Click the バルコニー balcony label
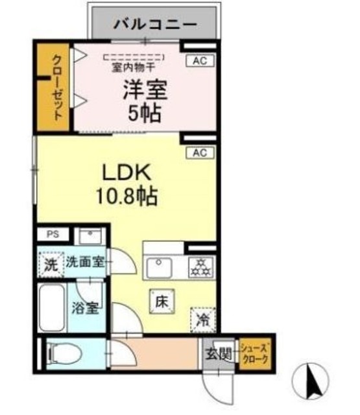(156, 25)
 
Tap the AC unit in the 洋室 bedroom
(199, 61)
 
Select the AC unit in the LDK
(199, 153)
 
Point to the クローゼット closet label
(56, 95)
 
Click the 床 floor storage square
(163, 300)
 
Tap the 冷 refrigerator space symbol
(202, 319)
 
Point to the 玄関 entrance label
(219, 354)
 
